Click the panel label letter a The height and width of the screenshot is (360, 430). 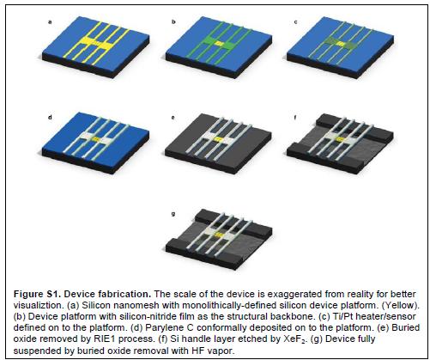(x=50, y=22)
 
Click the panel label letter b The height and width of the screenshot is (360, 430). (x=173, y=21)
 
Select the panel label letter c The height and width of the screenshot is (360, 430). (x=295, y=22)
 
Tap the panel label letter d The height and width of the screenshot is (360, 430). (x=50, y=117)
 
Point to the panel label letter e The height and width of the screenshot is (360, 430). (x=173, y=118)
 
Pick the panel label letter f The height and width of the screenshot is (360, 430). (x=295, y=117)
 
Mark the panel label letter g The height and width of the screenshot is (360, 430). (x=173, y=214)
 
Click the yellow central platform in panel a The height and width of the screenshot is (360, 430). (x=96, y=43)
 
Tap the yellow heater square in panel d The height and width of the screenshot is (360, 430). (x=96, y=138)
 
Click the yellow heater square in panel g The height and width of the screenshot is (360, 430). (x=219, y=235)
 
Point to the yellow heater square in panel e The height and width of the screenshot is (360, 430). (x=219, y=139)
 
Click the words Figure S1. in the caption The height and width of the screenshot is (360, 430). (x=37, y=294)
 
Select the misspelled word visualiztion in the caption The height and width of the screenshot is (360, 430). (x=37, y=305)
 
